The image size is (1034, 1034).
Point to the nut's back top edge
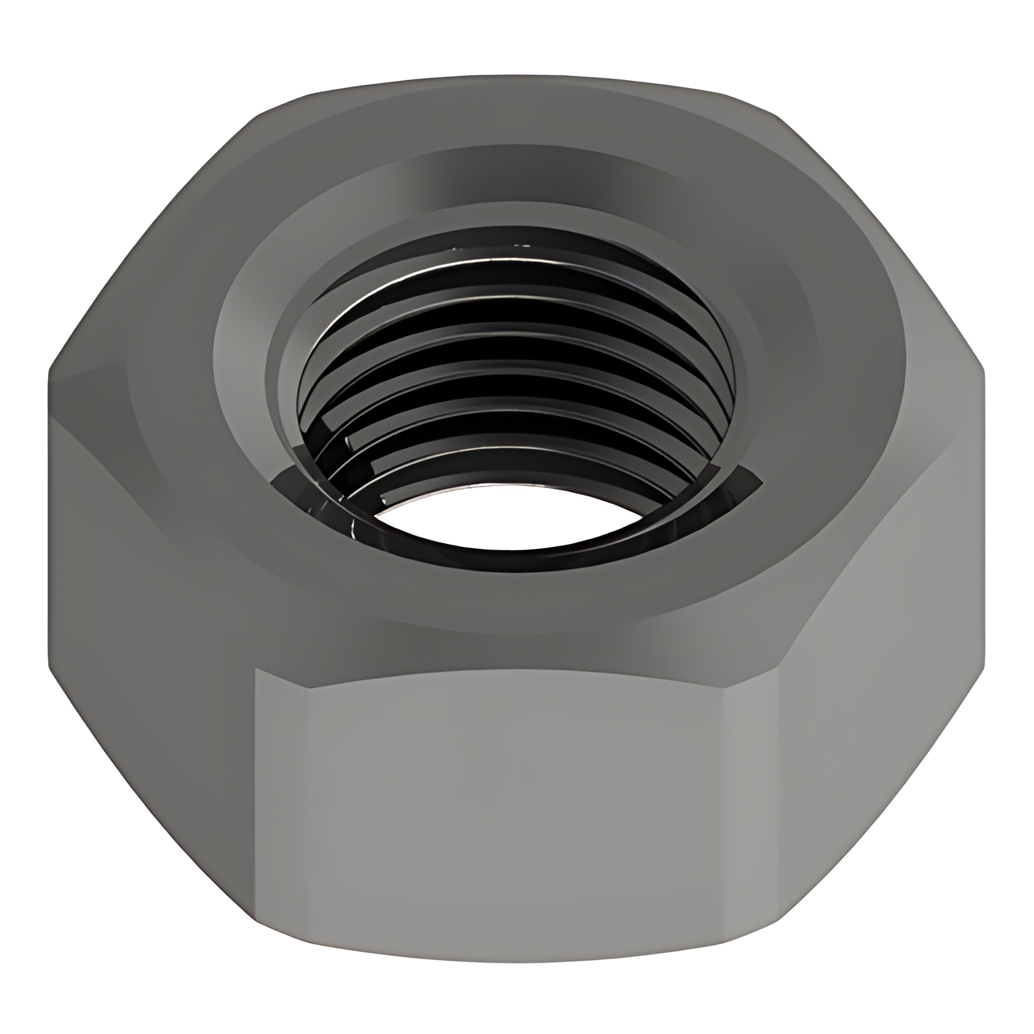[x=517, y=80]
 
